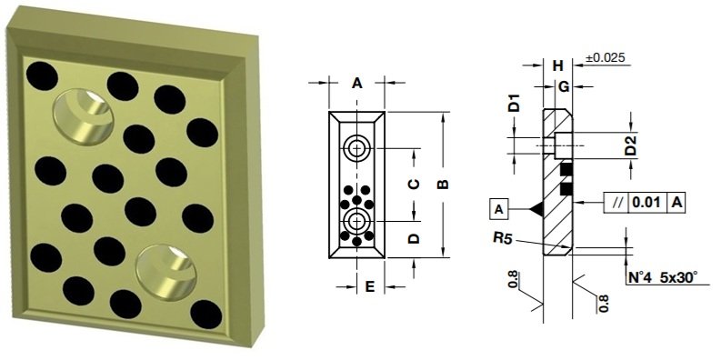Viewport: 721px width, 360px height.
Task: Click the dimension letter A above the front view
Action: click(357, 83)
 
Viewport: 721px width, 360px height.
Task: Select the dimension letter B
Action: click(443, 185)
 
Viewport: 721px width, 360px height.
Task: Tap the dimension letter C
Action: click(413, 184)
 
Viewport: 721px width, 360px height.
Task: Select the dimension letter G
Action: click(564, 85)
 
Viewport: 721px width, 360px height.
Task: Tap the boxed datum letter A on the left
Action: click(499, 209)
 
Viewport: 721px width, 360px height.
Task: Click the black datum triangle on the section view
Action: click(536, 209)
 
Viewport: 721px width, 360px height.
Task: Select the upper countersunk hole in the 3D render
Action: click(83, 115)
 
